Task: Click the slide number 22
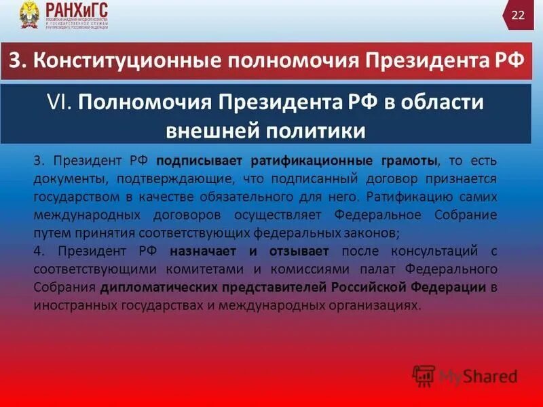(x=518, y=16)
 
